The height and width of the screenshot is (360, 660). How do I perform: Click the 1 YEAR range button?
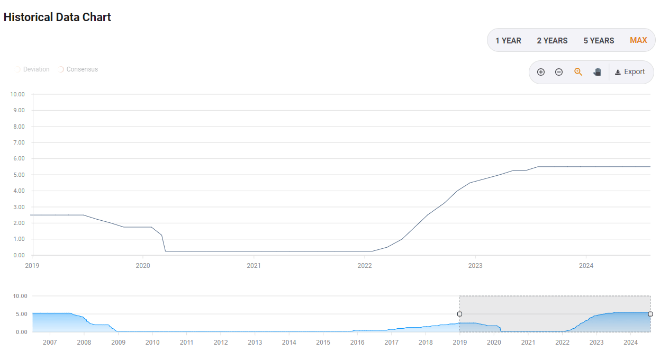[x=508, y=40]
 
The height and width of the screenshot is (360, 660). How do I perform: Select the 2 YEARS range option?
[x=552, y=40]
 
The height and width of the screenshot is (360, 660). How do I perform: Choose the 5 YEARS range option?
[x=599, y=40]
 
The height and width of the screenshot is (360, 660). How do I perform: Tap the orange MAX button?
[x=638, y=40]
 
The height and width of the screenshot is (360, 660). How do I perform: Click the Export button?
[x=630, y=72]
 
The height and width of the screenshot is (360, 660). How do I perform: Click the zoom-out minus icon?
[x=558, y=72]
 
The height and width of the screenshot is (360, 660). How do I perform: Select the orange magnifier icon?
[x=578, y=72]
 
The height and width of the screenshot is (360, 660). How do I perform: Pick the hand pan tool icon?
[x=597, y=72]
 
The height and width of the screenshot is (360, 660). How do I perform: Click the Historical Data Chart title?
[x=57, y=17]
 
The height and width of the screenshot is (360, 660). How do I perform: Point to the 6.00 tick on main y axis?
[x=18, y=159]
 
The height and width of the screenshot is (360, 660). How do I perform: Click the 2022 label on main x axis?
[x=364, y=266]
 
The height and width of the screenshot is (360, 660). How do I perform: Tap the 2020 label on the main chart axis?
[x=143, y=266]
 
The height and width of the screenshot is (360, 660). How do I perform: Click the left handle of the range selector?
[x=459, y=314]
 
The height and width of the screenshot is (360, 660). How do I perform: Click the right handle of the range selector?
[x=650, y=314]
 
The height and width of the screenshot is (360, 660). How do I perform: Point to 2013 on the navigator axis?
[x=255, y=343]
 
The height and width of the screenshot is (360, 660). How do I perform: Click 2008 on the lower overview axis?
[x=84, y=343]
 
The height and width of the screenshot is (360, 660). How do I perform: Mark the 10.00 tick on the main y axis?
[x=17, y=94]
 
